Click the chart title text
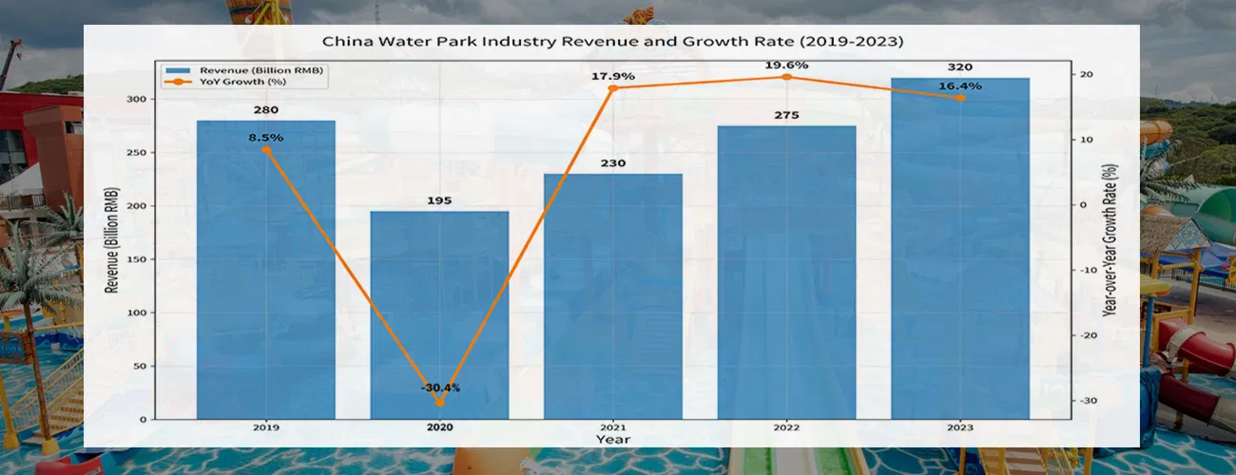pyautogui.click(x=612, y=42)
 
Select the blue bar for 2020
pyautogui.click(x=439, y=313)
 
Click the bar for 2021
pyautogui.click(x=612, y=294)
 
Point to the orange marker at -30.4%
pyautogui.click(x=439, y=403)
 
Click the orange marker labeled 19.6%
pyautogui.click(x=786, y=77)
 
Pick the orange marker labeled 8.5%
pyautogui.click(x=266, y=149)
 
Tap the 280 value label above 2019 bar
pyautogui.click(x=266, y=110)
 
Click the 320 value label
pyautogui.click(x=960, y=67)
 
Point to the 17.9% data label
pyautogui.click(x=612, y=76)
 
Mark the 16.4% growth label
pyautogui.click(x=960, y=86)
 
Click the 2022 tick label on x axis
pyautogui.click(x=786, y=427)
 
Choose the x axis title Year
pyautogui.click(x=612, y=440)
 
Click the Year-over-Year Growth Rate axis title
pyautogui.click(x=1110, y=239)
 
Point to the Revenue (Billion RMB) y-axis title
pyautogui.click(x=112, y=239)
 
